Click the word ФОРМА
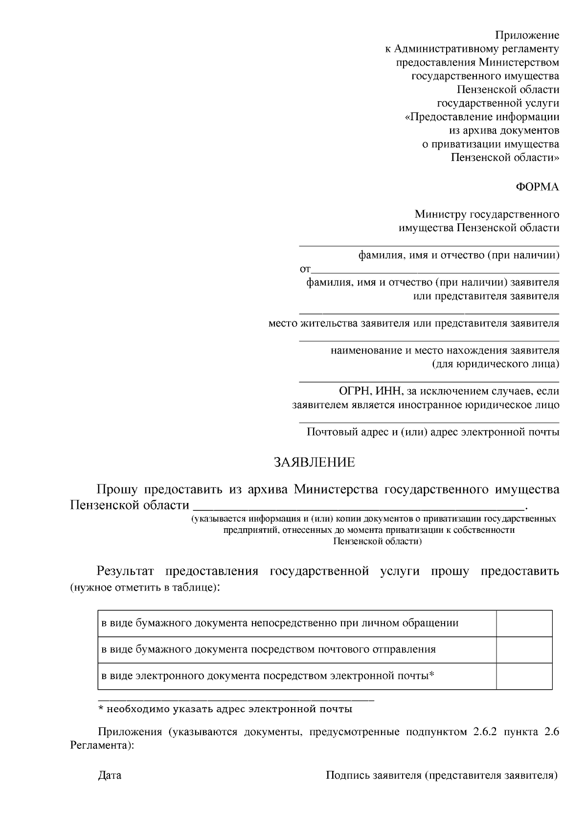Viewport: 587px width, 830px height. (x=538, y=187)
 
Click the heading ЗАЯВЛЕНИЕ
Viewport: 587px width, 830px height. (x=314, y=462)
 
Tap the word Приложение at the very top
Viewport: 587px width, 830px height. (x=527, y=35)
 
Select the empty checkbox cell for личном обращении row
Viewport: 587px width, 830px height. (x=524, y=623)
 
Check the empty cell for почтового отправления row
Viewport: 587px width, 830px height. (x=524, y=650)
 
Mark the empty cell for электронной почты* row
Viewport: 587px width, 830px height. (x=524, y=676)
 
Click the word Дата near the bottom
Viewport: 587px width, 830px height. (x=110, y=775)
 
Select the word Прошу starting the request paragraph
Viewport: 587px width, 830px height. (x=118, y=489)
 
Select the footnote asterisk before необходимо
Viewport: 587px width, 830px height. (x=101, y=709)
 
